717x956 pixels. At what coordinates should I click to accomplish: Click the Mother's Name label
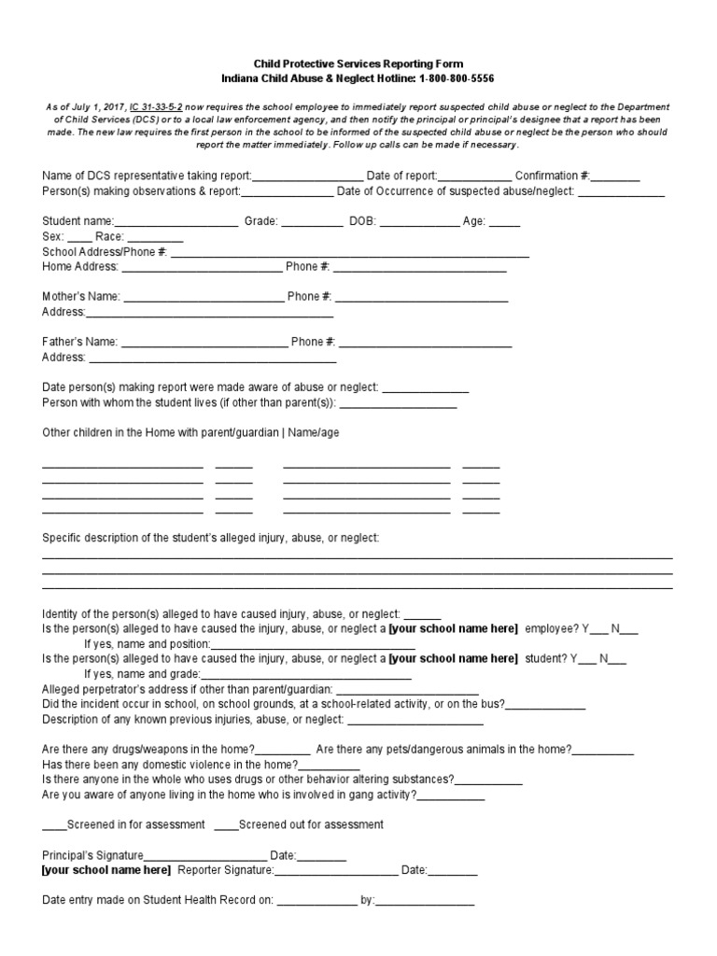coord(81,297)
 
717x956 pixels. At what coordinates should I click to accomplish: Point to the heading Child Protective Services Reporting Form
coord(358,63)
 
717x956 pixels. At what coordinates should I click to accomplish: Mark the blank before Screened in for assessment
coord(54,826)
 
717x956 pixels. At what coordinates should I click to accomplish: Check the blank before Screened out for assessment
coord(226,826)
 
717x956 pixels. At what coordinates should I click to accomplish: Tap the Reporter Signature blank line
coord(336,872)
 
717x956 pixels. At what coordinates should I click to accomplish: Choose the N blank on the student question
coord(617,660)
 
